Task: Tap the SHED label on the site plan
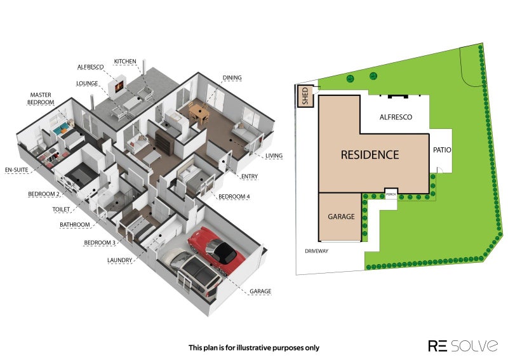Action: pyautogui.click(x=305, y=96)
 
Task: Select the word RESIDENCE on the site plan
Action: pyautogui.click(x=370, y=154)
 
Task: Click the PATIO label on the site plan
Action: pyautogui.click(x=442, y=150)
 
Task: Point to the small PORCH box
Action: pyautogui.click(x=391, y=194)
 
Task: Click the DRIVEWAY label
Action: pyautogui.click(x=316, y=251)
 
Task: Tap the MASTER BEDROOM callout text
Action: pyautogui.click(x=41, y=98)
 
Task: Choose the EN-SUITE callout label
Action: pyautogui.click(x=17, y=170)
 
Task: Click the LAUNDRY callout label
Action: pyautogui.click(x=119, y=260)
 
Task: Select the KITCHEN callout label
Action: pyautogui.click(x=125, y=61)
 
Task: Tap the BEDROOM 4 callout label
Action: pyautogui.click(x=234, y=197)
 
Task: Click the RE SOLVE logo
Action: pyautogui.click(x=463, y=345)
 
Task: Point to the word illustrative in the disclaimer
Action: pyautogui.click(x=253, y=348)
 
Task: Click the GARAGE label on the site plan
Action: pyautogui.click(x=341, y=217)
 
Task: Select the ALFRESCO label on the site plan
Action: pyautogui.click(x=396, y=117)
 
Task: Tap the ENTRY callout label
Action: pyautogui.click(x=250, y=177)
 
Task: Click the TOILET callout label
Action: pyautogui.click(x=61, y=210)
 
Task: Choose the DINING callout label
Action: pyautogui.click(x=232, y=77)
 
